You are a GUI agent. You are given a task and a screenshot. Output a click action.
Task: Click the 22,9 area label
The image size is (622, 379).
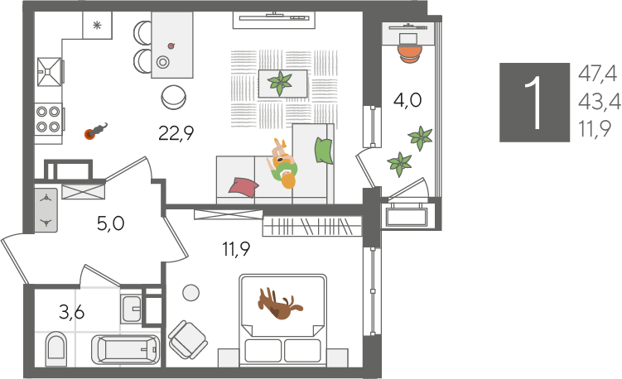(176, 132)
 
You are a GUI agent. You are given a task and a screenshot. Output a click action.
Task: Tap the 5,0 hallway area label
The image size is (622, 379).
(111, 223)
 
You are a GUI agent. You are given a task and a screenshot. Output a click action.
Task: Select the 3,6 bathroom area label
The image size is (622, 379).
(72, 313)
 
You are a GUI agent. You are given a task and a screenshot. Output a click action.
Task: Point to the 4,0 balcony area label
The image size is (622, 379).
(407, 100)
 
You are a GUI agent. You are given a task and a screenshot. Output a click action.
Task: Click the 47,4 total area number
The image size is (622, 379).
(597, 74)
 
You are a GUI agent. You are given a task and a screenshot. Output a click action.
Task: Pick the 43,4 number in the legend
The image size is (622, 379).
(599, 102)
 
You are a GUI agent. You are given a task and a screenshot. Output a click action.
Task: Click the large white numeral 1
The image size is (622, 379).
(534, 103)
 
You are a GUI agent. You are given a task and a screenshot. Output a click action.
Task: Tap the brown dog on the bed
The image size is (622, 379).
(280, 304)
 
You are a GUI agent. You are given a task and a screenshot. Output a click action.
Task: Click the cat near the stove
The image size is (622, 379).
(95, 132)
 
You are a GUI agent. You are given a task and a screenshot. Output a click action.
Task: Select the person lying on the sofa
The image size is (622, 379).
(283, 164)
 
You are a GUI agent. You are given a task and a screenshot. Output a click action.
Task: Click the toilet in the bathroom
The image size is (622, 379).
(56, 349)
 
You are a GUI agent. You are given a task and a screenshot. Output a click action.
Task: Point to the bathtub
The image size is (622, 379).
(125, 350)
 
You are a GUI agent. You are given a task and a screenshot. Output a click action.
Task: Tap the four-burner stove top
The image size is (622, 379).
(48, 119)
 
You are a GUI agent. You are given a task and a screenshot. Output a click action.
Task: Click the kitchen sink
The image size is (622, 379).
(50, 72)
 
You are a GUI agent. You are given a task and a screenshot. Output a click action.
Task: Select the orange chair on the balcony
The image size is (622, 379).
(409, 54)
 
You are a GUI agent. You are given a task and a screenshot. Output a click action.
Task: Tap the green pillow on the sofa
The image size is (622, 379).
(323, 151)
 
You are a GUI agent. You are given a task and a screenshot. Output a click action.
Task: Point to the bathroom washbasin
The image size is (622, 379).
(131, 309)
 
